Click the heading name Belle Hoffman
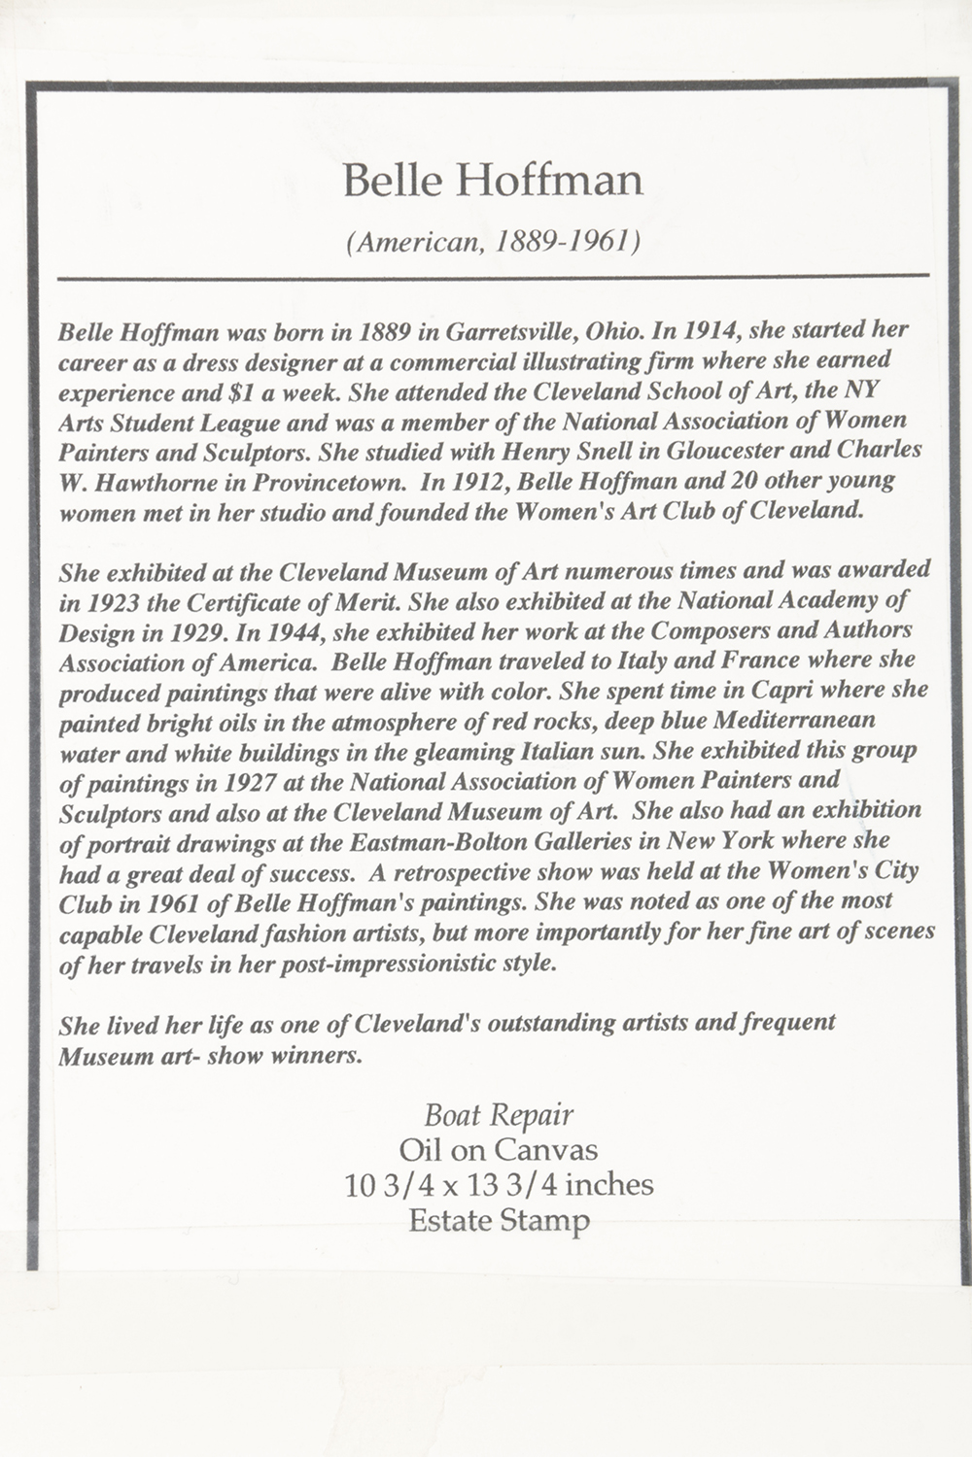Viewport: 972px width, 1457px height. pos(493,181)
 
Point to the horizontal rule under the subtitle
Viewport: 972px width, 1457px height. pos(493,278)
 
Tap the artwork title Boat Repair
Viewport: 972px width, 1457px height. pos(499,1115)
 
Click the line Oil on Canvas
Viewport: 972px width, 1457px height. pos(499,1150)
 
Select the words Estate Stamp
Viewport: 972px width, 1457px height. pos(499,1220)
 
